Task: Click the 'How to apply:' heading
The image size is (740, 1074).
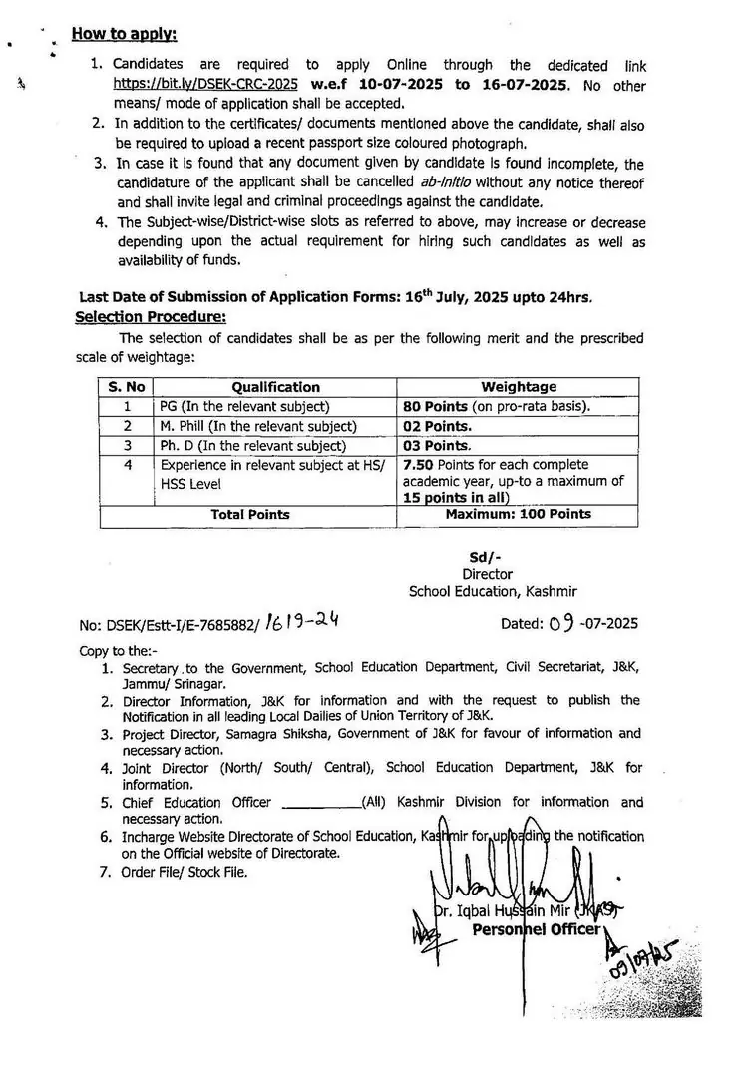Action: tap(124, 35)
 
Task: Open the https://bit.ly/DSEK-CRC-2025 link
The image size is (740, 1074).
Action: tap(204, 85)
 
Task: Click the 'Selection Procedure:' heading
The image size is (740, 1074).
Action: tap(151, 317)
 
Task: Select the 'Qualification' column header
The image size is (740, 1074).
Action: tap(275, 387)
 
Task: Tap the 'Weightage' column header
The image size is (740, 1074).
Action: tap(519, 387)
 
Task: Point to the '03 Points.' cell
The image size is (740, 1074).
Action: tap(436, 446)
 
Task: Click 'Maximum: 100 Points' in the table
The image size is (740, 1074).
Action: tap(518, 515)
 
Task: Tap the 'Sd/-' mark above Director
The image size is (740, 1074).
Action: tap(486, 558)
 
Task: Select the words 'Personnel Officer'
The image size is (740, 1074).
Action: tap(537, 930)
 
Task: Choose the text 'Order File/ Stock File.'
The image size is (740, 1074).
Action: tap(185, 872)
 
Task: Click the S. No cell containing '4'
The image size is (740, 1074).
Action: tap(127, 465)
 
